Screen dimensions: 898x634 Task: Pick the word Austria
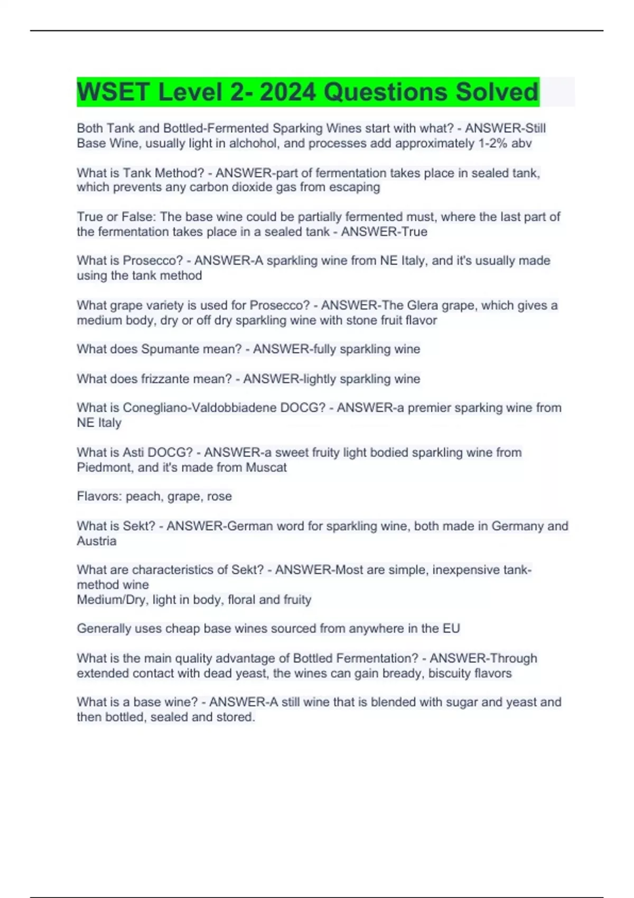click(97, 541)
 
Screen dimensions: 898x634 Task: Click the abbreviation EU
click(451, 629)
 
